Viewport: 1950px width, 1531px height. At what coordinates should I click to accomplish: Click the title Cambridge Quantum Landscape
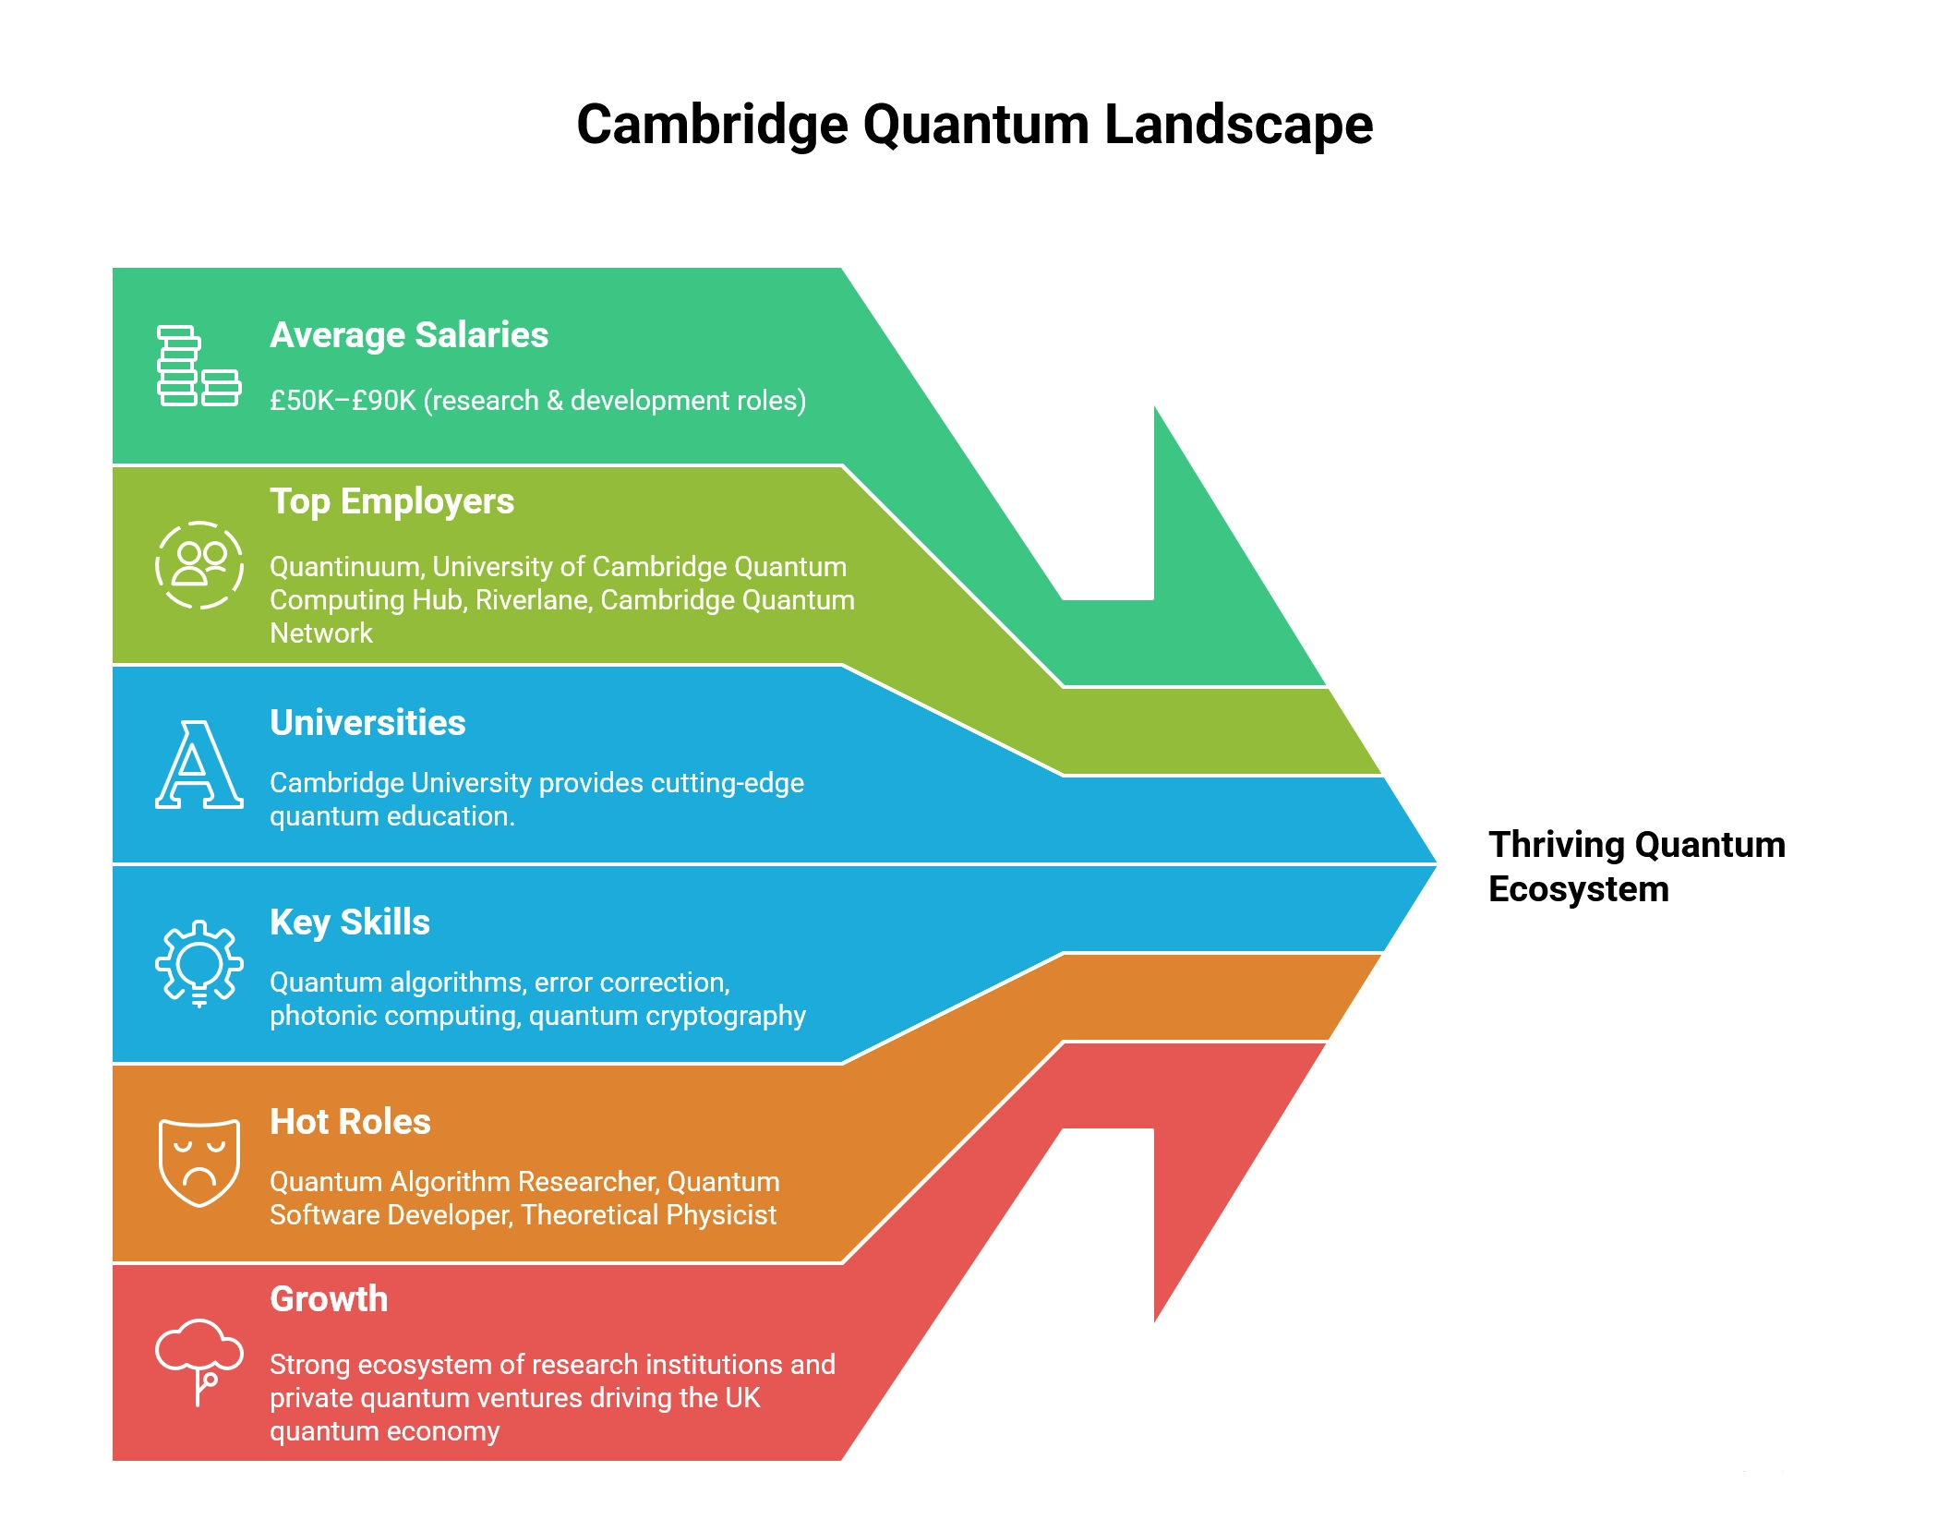coord(974,125)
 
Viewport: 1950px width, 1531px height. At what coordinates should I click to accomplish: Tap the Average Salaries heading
coord(408,335)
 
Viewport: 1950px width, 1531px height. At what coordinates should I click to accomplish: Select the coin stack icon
coord(198,366)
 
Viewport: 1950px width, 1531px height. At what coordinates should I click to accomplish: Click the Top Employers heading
coord(391,501)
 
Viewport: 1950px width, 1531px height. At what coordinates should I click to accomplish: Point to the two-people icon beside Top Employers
coord(199,565)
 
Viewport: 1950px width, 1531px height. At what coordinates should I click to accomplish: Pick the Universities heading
coord(367,723)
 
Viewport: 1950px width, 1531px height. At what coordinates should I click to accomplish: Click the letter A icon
coord(199,765)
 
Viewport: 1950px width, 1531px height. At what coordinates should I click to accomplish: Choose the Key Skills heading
coord(349,922)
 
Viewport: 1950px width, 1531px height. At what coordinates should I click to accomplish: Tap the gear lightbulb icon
coord(199,963)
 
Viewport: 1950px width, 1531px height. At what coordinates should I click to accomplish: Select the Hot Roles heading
coord(350,1122)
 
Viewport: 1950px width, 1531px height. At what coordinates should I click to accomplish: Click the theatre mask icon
coord(199,1162)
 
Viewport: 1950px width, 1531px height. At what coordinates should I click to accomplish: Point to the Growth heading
coord(329,1299)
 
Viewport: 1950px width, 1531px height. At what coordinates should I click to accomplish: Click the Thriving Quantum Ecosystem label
coord(1635,866)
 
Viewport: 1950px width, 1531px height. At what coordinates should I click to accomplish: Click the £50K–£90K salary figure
coord(343,401)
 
